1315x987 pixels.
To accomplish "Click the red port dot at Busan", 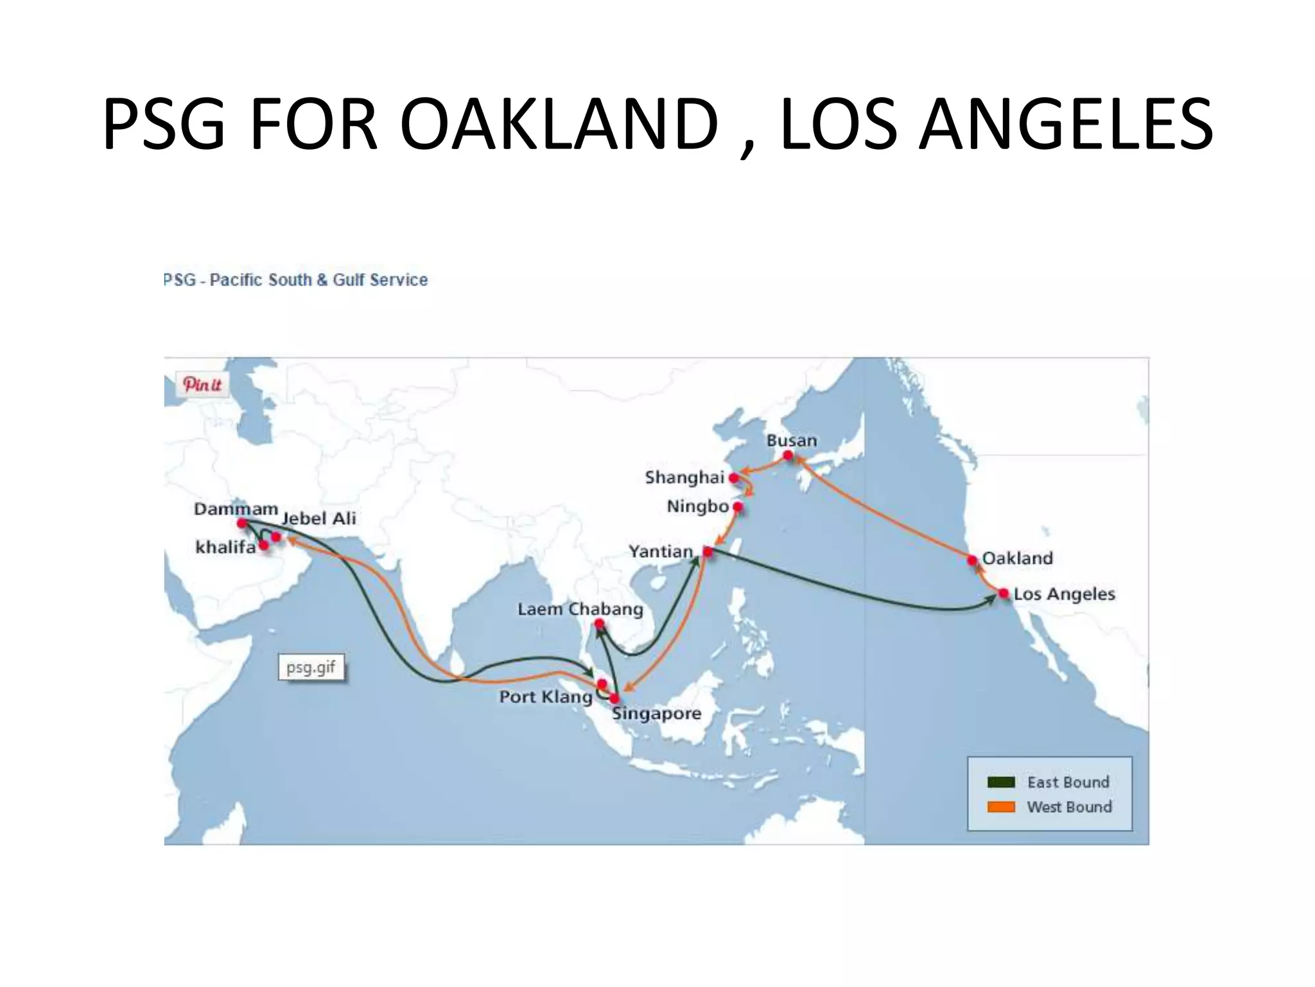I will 788,456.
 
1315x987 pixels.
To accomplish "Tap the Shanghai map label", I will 684,477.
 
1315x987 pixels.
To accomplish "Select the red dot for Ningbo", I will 738,507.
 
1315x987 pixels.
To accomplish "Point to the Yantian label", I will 660,551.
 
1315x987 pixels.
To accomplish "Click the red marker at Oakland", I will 972,560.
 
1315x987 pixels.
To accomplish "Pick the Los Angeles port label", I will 1064,594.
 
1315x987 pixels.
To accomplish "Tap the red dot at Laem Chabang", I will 599,624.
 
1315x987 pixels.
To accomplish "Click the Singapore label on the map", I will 656,713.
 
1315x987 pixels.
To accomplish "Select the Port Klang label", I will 546,697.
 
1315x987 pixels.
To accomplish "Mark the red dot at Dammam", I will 242,523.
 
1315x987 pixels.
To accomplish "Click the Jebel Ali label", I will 319,518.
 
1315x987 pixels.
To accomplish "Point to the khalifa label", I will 225,547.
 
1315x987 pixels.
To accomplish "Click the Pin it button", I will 202,384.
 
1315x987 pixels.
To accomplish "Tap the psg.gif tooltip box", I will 311,667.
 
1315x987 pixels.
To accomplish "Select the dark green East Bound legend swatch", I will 1001,782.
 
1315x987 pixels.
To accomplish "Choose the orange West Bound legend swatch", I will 1001,807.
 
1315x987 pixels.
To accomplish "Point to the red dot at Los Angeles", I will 1004,594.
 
